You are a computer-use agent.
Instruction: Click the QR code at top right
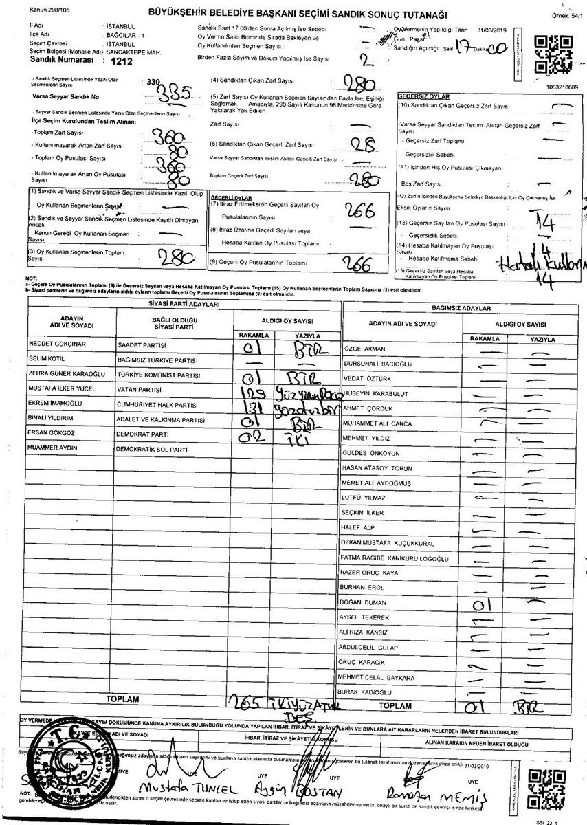coord(550,54)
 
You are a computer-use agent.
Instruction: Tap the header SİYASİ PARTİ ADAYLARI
coord(184,303)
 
